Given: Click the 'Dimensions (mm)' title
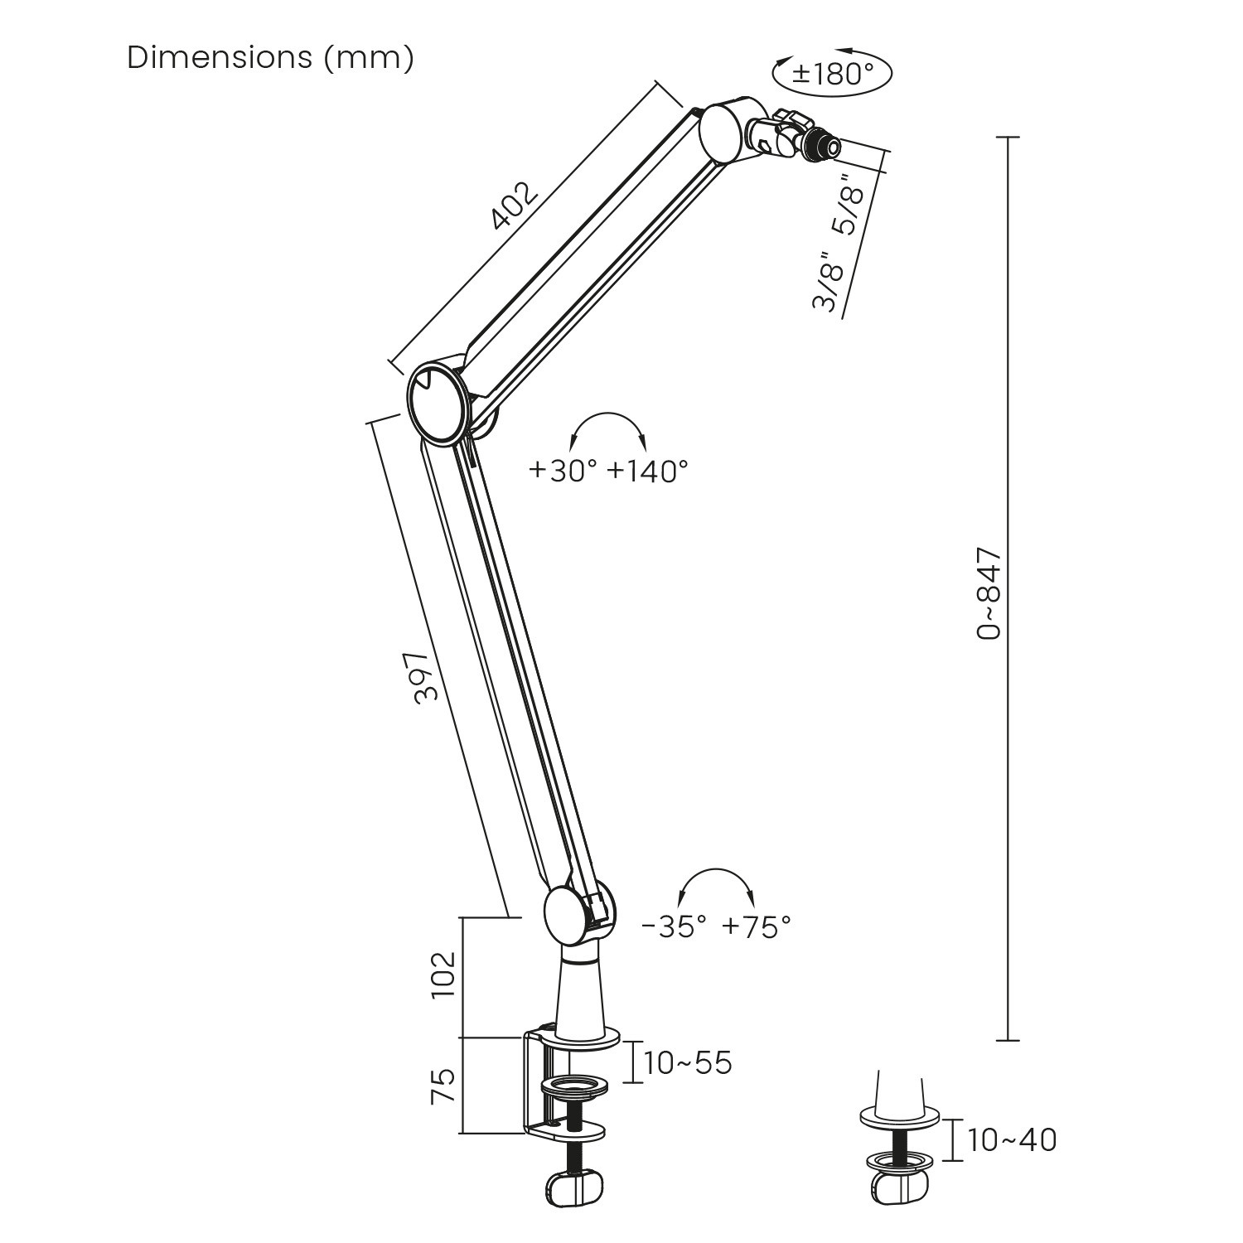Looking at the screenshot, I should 270,58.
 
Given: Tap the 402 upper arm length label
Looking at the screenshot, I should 515,206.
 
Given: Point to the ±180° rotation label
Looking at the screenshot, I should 832,74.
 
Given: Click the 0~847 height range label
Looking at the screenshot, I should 989,592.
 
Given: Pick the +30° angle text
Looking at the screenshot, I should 563,472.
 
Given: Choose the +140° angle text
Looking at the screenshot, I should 648,472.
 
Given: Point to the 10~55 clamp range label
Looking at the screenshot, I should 689,1063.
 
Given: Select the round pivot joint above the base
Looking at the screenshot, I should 569,913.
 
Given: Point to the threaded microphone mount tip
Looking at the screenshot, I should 827,148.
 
